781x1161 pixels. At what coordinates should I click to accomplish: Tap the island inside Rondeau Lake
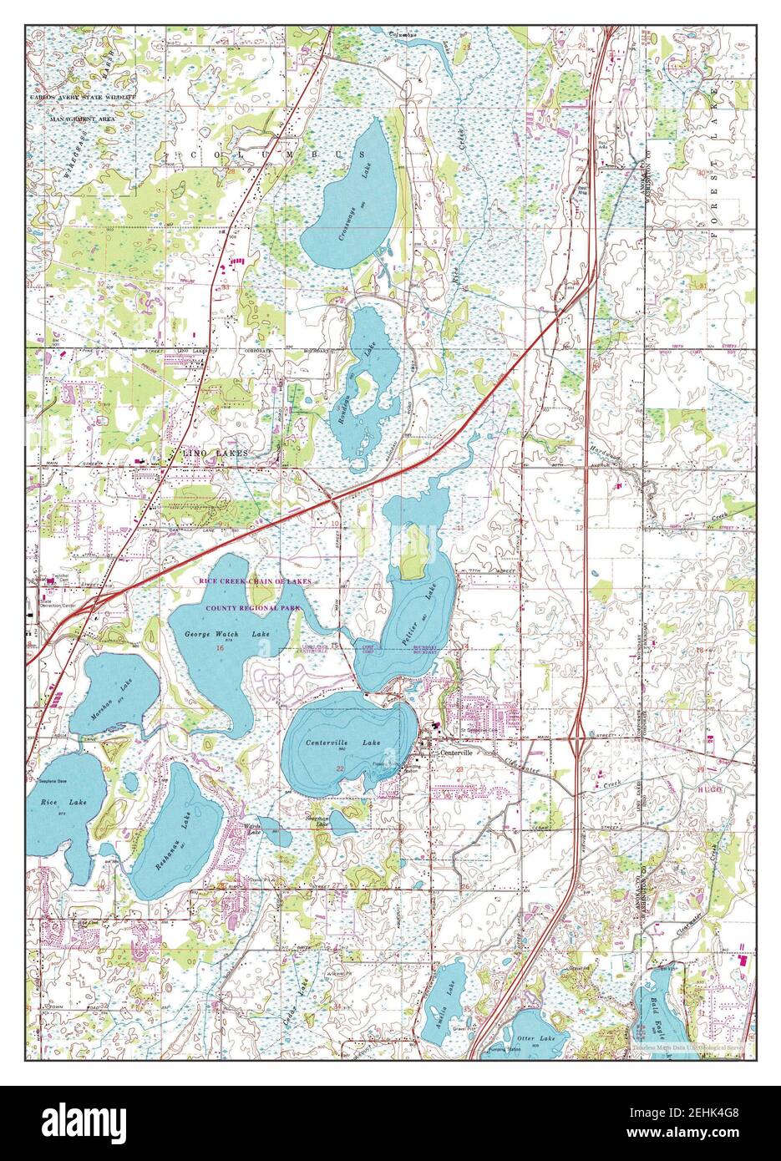(365, 386)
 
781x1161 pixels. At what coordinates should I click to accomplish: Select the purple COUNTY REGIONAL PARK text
(249, 609)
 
